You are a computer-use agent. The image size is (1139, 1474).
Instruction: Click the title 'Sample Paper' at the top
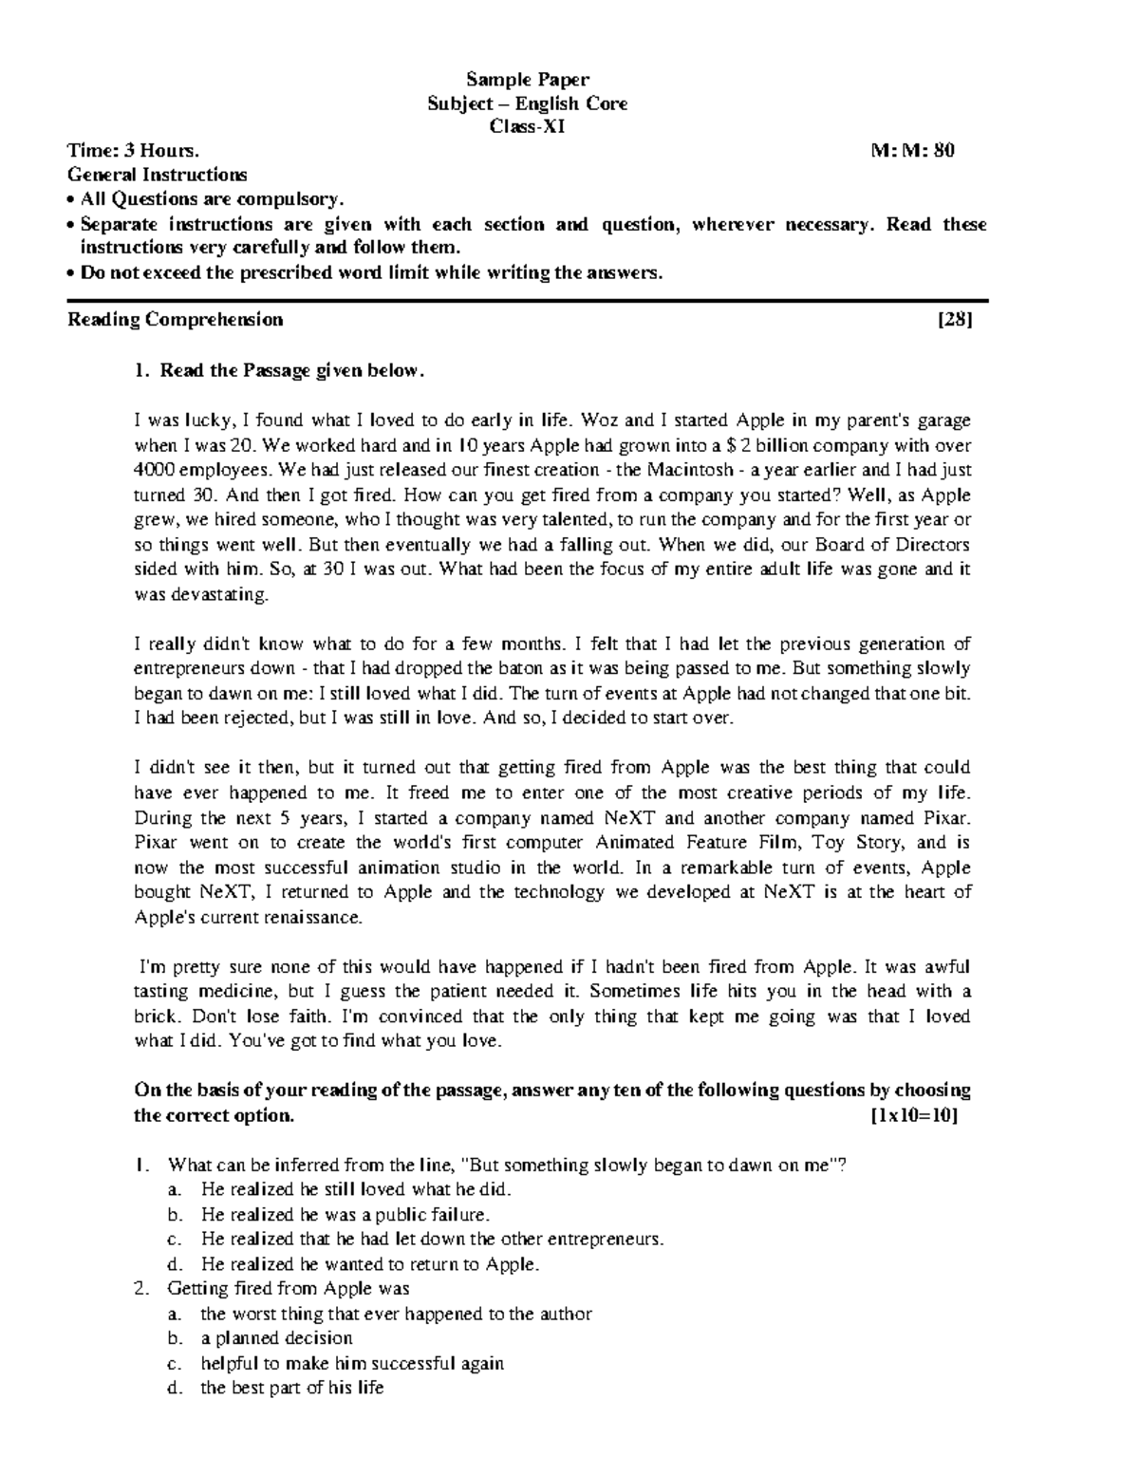pyautogui.click(x=527, y=79)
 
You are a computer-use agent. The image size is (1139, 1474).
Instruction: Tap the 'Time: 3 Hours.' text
pyautogui.click(x=133, y=150)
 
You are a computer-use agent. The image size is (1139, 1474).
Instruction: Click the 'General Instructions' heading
pyautogui.click(x=157, y=175)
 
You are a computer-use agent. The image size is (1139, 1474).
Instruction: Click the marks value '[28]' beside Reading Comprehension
pyautogui.click(x=955, y=320)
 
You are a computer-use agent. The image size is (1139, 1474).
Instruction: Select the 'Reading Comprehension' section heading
pyautogui.click(x=175, y=320)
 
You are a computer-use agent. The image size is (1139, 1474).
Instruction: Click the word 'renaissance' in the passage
pyautogui.click(x=317, y=918)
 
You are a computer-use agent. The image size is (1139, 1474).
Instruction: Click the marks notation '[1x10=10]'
pyautogui.click(x=914, y=1115)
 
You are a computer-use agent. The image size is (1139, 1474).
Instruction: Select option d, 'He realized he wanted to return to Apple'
pyautogui.click(x=369, y=1264)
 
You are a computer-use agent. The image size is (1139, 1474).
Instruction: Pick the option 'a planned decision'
pyautogui.click(x=276, y=1338)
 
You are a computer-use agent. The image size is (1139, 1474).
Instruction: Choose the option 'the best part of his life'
pyautogui.click(x=291, y=1388)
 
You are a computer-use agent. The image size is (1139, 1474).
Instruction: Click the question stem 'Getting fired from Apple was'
pyautogui.click(x=288, y=1289)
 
